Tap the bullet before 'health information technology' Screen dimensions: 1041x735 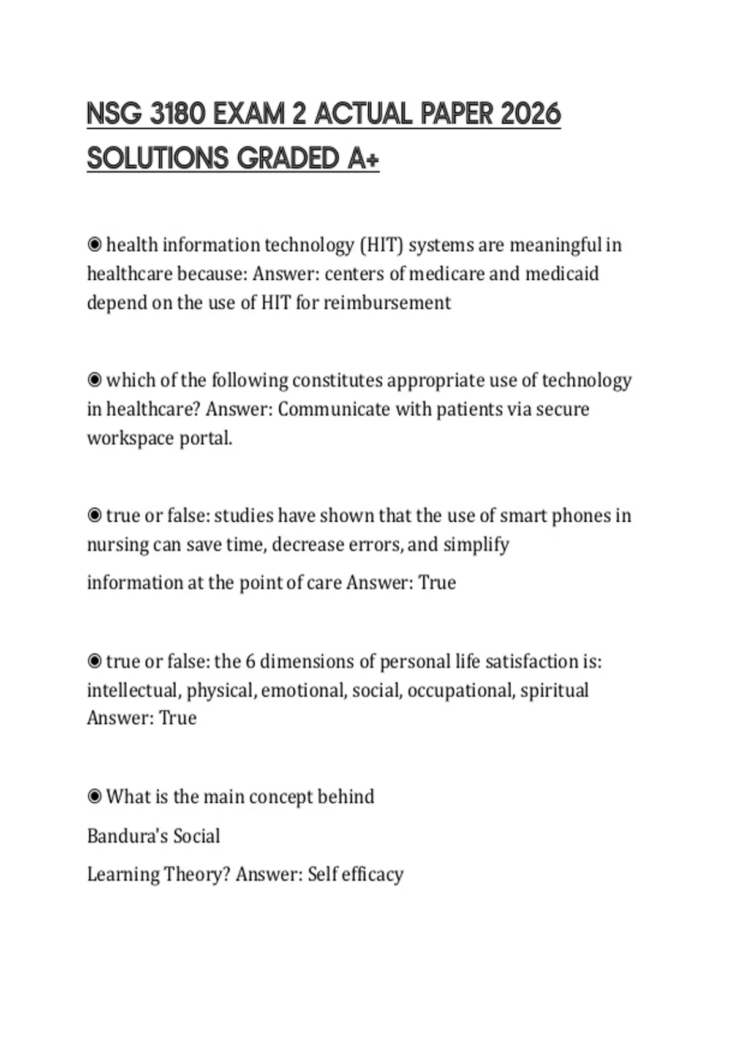tap(94, 245)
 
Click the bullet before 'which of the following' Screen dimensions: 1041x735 tap(94, 380)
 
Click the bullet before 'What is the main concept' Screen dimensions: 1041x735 tap(94, 797)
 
